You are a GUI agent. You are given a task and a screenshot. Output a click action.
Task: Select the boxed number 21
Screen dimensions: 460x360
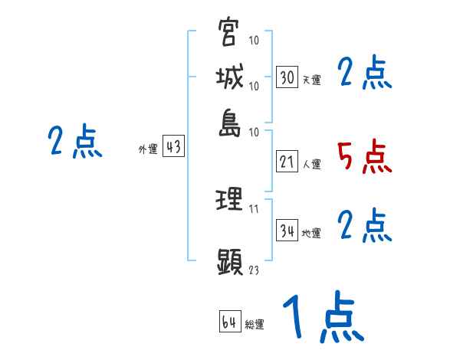click(x=287, y=162)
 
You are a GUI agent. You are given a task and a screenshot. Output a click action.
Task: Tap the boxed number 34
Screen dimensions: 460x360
click(x=287, y=231)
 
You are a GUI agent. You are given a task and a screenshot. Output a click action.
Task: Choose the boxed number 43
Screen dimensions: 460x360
click(x=173, y=147)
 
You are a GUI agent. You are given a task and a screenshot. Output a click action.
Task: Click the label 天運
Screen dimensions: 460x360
click(x=310, y=79)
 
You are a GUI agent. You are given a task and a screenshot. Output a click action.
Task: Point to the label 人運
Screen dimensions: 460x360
click(x=311, y=164)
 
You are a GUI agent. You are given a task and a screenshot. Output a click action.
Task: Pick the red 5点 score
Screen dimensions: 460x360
click(x=364, y=157)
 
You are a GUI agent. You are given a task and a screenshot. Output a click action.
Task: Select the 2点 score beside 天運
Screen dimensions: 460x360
click(x=364, y=74)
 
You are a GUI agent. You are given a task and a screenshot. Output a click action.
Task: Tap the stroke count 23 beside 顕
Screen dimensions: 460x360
click(x=254, y=269)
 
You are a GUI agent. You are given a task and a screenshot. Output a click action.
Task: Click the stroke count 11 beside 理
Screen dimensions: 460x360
click(x=254, y=208)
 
